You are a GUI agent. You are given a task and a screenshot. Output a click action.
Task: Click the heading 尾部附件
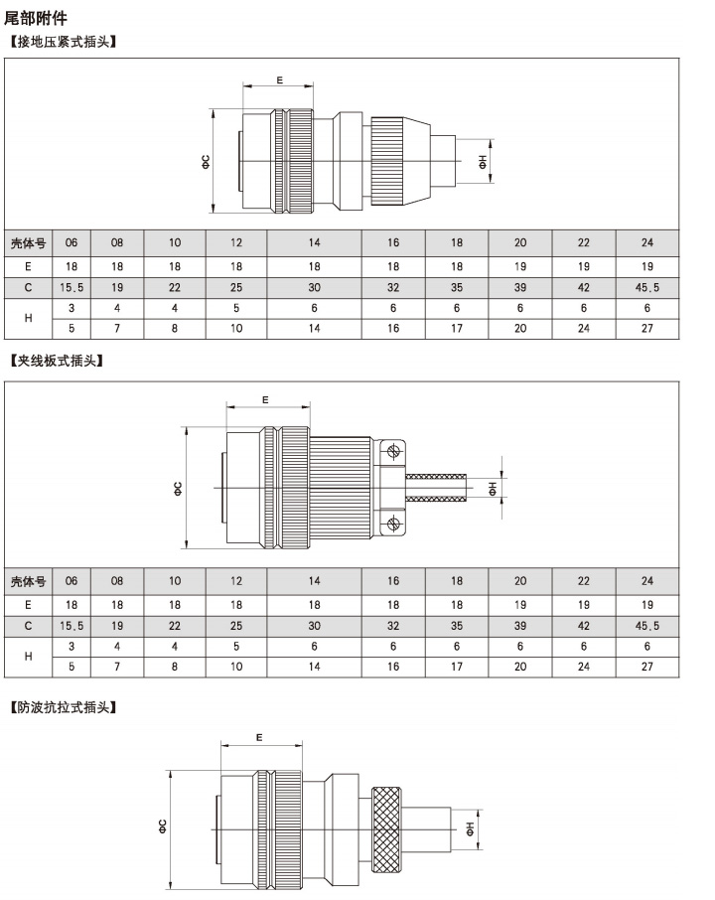point(36,18)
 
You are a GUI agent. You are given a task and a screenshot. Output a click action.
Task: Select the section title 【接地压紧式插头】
point(64,42)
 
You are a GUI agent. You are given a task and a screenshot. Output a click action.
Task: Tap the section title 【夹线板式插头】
point(57,361)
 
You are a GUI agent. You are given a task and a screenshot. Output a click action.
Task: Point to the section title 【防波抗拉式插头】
point(64,707)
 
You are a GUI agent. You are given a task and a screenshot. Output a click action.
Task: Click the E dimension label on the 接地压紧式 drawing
point(279,80)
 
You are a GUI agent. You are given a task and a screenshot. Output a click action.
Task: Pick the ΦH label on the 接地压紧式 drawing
point(483,162)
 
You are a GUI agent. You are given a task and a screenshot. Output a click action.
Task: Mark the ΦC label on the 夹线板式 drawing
point(178,489)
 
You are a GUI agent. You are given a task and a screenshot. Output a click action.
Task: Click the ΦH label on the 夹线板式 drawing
point(493,489)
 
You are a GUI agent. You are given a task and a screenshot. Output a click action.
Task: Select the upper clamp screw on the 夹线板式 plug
point(393,452)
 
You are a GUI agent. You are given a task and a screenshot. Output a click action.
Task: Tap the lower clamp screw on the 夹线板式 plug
point(393,524)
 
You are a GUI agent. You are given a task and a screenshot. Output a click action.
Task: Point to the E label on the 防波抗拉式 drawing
point(259,737)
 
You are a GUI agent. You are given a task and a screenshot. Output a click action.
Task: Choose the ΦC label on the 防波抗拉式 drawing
point(163,826)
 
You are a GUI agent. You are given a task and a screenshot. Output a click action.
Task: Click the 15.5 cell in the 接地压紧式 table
point(71,287)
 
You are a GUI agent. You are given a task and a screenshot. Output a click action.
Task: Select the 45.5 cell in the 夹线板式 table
point(647,626)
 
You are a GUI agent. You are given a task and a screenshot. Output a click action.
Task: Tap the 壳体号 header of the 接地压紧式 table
point(28,243)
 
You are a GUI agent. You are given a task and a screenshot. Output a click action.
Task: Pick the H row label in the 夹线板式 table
point(28,656)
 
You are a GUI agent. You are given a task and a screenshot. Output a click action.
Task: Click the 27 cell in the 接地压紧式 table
point(647,329)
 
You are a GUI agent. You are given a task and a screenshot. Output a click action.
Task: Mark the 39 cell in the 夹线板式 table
point(520,626)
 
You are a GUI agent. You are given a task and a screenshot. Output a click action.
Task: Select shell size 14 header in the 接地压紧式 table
point(315,242)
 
